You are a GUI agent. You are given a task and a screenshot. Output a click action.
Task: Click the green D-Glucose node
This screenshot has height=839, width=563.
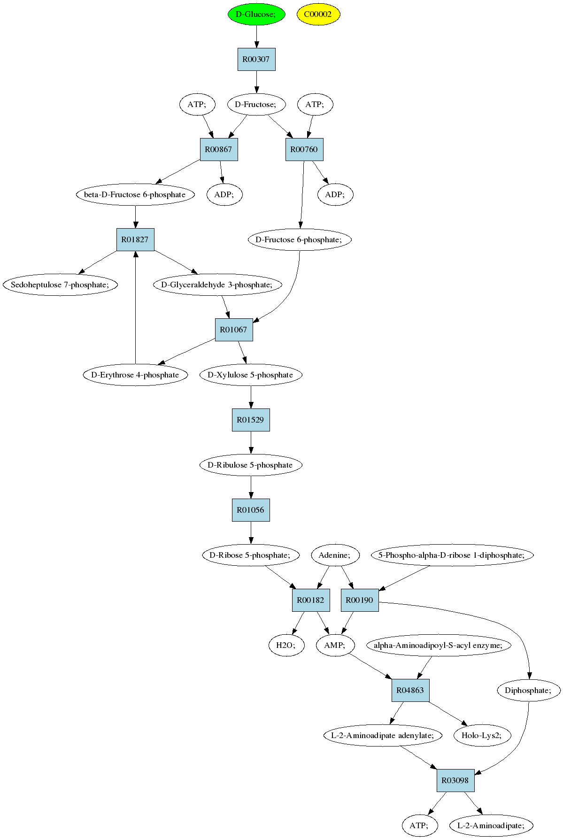click(256, 14)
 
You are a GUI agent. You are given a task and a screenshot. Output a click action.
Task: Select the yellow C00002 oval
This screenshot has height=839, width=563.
click(318, 14)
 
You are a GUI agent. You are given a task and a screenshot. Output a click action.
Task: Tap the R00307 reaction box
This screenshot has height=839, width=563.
click(256, 59)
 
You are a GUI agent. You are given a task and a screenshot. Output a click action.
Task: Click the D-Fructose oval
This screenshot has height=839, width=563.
click(256, 104)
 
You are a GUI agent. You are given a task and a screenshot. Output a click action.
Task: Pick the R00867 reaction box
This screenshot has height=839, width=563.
click(219, 149)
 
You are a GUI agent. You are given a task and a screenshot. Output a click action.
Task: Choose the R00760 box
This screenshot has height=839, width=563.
click(304, 149)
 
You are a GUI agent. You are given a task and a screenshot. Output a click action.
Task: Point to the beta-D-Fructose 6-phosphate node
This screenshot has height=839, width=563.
click(135, 194)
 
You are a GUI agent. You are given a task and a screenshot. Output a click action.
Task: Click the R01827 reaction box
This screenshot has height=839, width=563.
click(135, 239)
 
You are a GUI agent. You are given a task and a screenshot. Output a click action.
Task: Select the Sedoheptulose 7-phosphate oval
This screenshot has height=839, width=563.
click(60, 285)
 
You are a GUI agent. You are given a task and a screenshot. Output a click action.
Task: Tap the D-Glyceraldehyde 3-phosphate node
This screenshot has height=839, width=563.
click(217, 285)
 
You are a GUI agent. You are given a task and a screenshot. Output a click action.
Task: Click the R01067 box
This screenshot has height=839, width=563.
click(234, 330)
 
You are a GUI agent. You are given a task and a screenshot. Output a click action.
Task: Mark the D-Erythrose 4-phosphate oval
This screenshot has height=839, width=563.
click(135, 375)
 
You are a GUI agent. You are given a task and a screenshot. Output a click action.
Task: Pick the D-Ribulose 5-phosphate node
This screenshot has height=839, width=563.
click(251, 465)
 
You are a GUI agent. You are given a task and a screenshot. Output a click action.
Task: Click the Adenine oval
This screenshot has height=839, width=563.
click(335, 555)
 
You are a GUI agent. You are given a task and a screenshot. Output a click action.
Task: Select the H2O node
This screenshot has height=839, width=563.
click(286, 645)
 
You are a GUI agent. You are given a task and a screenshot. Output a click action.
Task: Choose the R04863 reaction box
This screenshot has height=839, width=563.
click(410, 690)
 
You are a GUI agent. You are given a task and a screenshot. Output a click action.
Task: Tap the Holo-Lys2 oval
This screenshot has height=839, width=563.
click(482, 735)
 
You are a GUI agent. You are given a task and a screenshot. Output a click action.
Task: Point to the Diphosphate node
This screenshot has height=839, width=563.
click(529, 690)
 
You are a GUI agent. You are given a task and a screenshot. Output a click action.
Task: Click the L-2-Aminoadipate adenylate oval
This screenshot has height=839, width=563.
click(383, 735)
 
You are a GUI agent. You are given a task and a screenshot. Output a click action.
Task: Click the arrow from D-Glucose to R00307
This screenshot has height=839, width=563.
click(256, 37)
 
